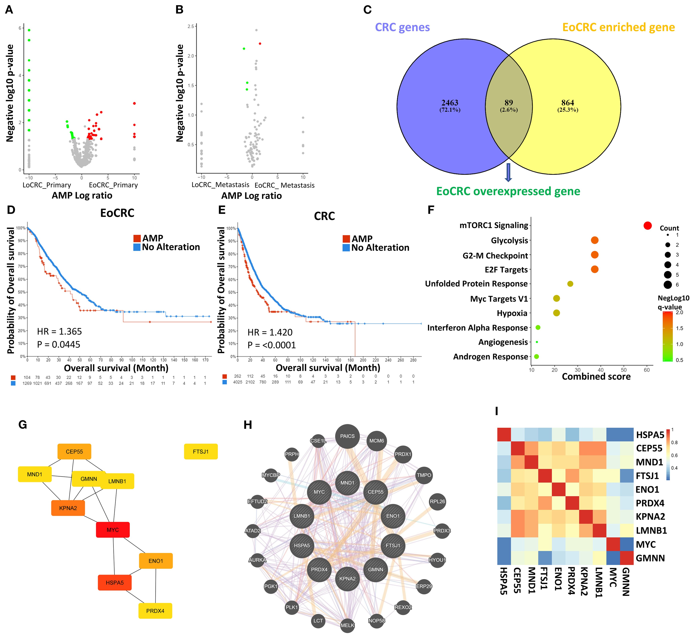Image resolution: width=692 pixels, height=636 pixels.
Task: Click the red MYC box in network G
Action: point(113,530)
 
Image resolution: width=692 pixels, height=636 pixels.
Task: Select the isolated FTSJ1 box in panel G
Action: point(201,452)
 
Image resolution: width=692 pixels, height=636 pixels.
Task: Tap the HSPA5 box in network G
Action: point(115,583)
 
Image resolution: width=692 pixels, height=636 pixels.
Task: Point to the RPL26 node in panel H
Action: point(437,501)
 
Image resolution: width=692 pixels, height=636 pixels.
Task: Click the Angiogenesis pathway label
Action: point(503,342)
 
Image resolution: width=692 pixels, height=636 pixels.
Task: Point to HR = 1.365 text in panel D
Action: point(60,331)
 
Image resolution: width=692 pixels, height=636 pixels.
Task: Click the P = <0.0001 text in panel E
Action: point(272,345)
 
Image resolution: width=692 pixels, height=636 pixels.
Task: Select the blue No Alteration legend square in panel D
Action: point(137,247)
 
